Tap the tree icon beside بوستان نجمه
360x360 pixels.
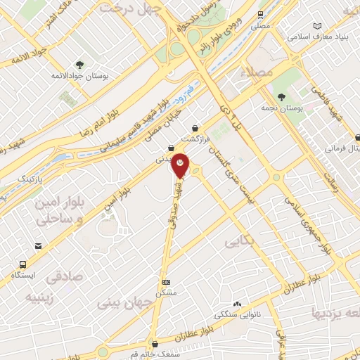(x=282, y=97)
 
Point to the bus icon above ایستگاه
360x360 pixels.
(x=23, y=265)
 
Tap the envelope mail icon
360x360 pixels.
(x=37, y=247)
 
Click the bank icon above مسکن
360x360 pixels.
(x=166, y=281)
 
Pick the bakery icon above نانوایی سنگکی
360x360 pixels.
(x=238, y=304)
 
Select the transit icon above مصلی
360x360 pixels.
(x=260, y=13)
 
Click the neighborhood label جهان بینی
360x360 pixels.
(x=120, y=304)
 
